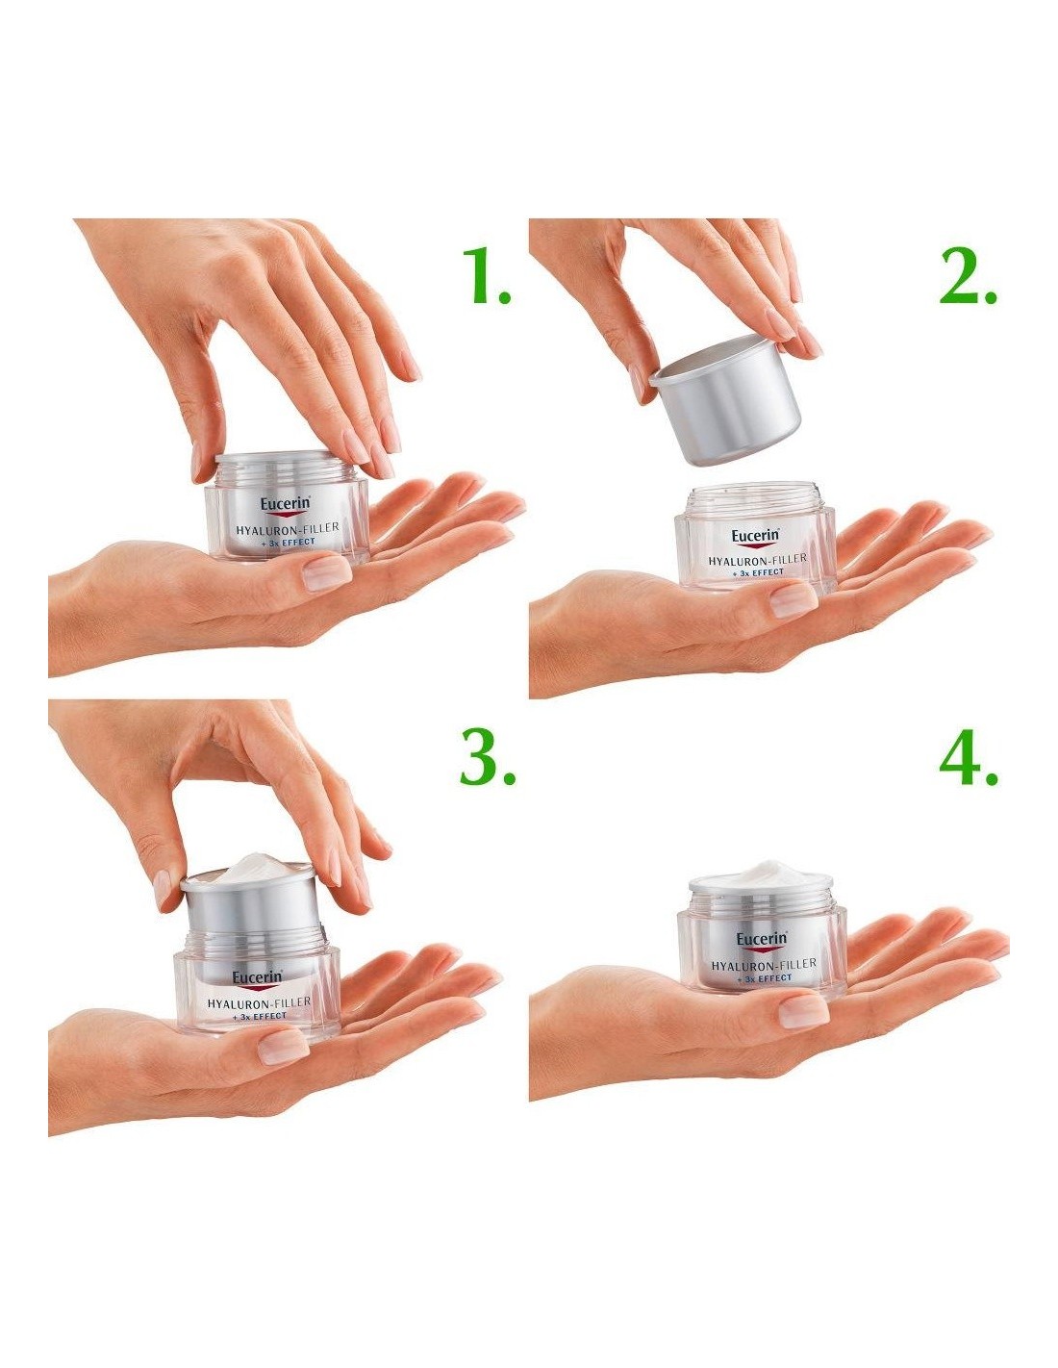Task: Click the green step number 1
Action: coord(485,276)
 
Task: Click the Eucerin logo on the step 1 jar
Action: coord(285,505)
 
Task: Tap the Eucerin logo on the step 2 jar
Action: coord(755,537)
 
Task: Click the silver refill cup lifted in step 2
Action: coord(724,401)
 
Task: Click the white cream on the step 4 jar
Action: coord(761,874)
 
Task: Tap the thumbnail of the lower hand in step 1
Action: coord(327,571)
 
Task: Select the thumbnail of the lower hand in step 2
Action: coord(793,600)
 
